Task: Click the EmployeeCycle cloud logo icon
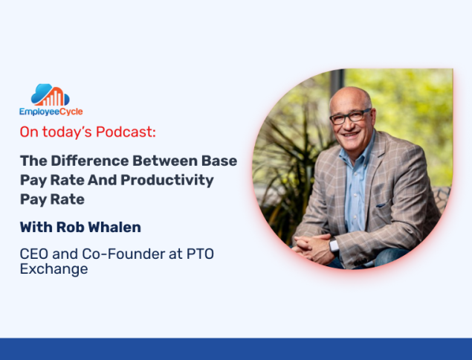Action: pos(51,94)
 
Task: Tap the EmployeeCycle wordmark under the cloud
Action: pos(51,112)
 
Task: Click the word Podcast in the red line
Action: pos(126,132)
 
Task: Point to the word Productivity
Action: pos(167,181)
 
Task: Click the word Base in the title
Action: pos(219,161)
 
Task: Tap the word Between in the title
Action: pos(165,161)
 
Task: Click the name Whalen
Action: pos(114,227)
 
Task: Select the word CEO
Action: pos(33,254)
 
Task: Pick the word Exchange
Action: pos(54,269)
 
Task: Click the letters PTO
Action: pos(200,254)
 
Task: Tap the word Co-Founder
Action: pos(123,254)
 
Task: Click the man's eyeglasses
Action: pos(350,116)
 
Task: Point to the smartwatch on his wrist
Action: pos(334,245)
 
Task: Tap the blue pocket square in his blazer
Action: pos(381,205)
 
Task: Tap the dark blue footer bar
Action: pos(236,349)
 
